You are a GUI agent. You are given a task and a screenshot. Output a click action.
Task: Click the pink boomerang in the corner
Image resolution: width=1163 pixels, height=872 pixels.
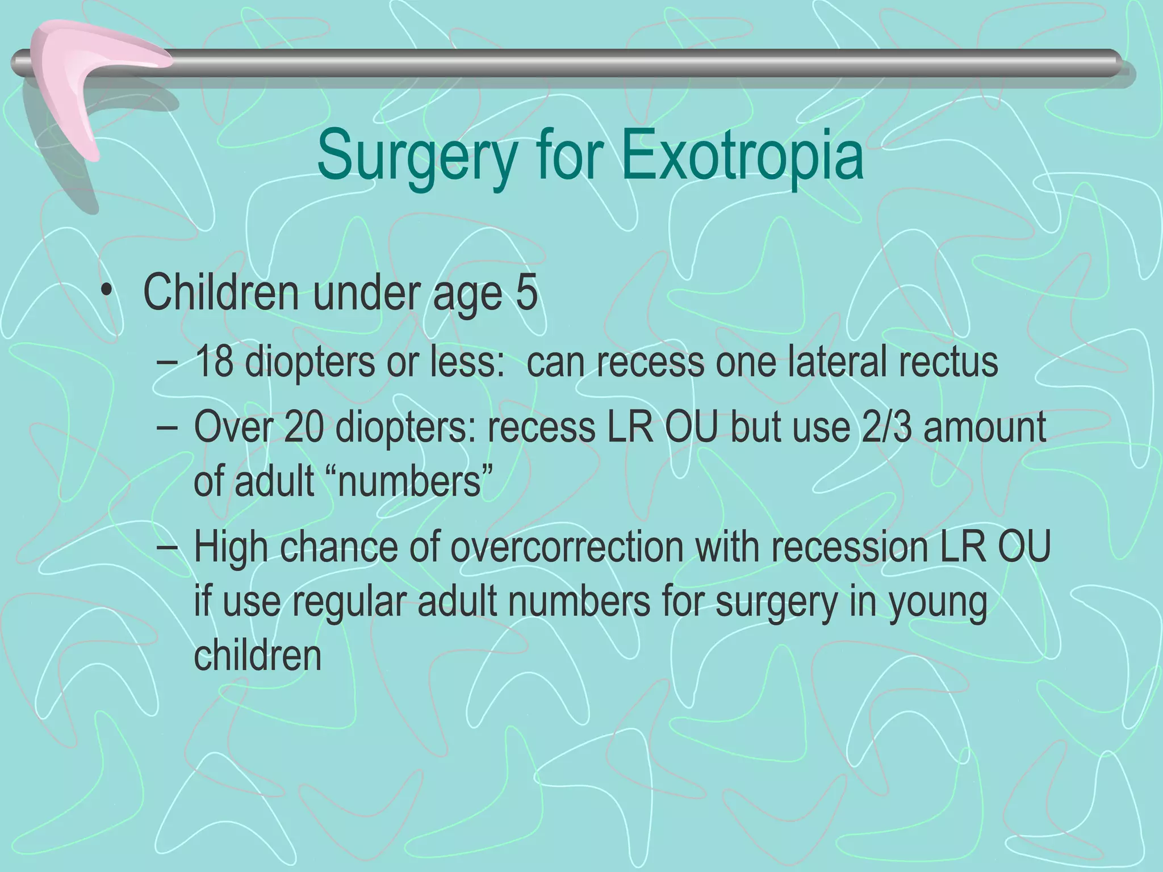click(85, 74)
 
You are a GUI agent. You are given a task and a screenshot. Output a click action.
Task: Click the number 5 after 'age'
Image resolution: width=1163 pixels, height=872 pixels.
click(526, 294)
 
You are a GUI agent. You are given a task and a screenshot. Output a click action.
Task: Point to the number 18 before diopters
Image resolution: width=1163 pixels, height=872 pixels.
click(214, 362)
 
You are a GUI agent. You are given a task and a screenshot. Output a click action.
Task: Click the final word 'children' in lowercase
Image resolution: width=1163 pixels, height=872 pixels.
click(258, 656)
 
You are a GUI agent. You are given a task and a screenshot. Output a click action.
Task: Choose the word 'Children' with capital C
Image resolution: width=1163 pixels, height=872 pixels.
click(221, 294)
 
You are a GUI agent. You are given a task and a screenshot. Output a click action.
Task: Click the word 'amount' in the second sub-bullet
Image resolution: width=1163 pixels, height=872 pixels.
click(985, 427)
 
